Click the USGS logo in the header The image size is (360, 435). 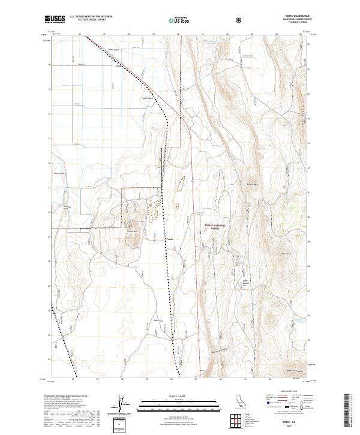55,20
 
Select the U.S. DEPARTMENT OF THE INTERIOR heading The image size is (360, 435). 91,17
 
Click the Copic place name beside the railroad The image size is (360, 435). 170,239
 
